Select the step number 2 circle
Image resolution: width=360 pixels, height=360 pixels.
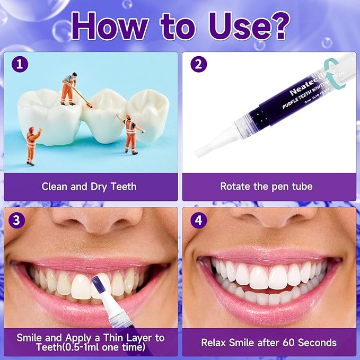[x=198, y=65]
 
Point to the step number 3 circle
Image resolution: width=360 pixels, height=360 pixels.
[x=19, y=220]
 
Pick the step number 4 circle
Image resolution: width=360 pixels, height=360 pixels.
[x=198, y=220]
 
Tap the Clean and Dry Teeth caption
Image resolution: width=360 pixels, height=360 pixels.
[x=89, y=186]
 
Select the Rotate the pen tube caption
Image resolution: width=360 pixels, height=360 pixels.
[x=267, y=186]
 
